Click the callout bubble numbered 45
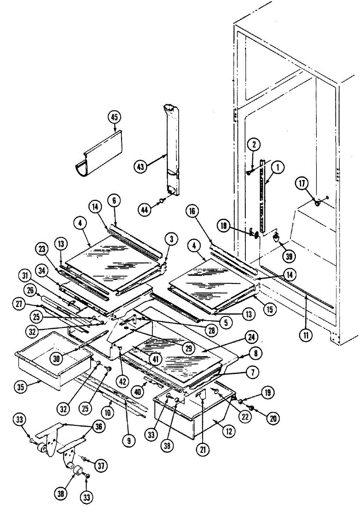pyautogui.click(x=115, y=117)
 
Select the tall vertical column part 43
pyautogui.click(x=172, y=150)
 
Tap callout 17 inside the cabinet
pyautogui.click(x=302, y=184)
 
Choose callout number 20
pyautogui.click(x=273, y=419)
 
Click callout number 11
pyautogui.click(x=306, y=335)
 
